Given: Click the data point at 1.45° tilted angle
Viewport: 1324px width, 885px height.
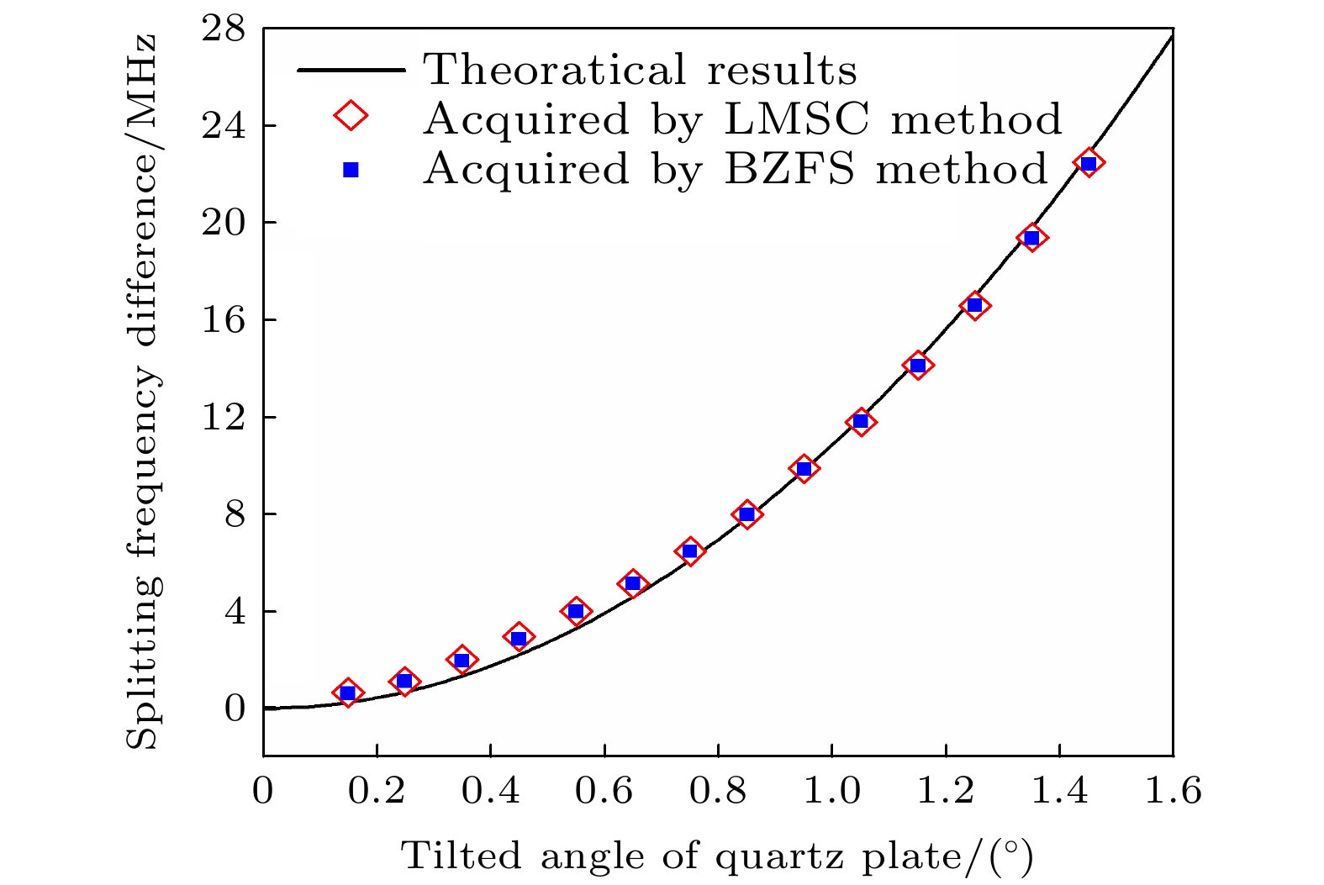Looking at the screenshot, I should point(1089,163).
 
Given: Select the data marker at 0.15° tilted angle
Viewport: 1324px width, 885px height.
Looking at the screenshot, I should point(348,693).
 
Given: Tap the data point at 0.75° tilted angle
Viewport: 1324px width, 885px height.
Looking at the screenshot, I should point(689,551).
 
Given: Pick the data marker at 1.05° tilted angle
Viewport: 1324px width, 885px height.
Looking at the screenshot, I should point(861,421).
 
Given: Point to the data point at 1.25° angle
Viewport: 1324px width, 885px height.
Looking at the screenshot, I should point(974,305).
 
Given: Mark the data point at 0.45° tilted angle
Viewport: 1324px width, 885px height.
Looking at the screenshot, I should point(519,638).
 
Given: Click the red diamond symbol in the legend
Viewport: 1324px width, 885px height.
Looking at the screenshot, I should point(351,116).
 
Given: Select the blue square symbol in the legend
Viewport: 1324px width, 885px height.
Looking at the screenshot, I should point(351,170).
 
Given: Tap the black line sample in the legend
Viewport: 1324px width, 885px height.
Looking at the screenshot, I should point(351,70).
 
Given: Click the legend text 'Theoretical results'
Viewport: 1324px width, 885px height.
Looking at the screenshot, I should point(640,70).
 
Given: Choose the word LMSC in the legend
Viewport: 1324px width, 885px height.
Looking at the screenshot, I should point(795,119).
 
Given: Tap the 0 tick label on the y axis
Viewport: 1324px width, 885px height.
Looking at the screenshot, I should point(235,709).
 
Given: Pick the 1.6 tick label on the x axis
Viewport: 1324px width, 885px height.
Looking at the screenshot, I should point(1173,791).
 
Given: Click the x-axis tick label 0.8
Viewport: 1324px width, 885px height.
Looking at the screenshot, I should point(718,791).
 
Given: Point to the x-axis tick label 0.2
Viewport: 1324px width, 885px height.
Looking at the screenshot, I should point(377,791).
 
